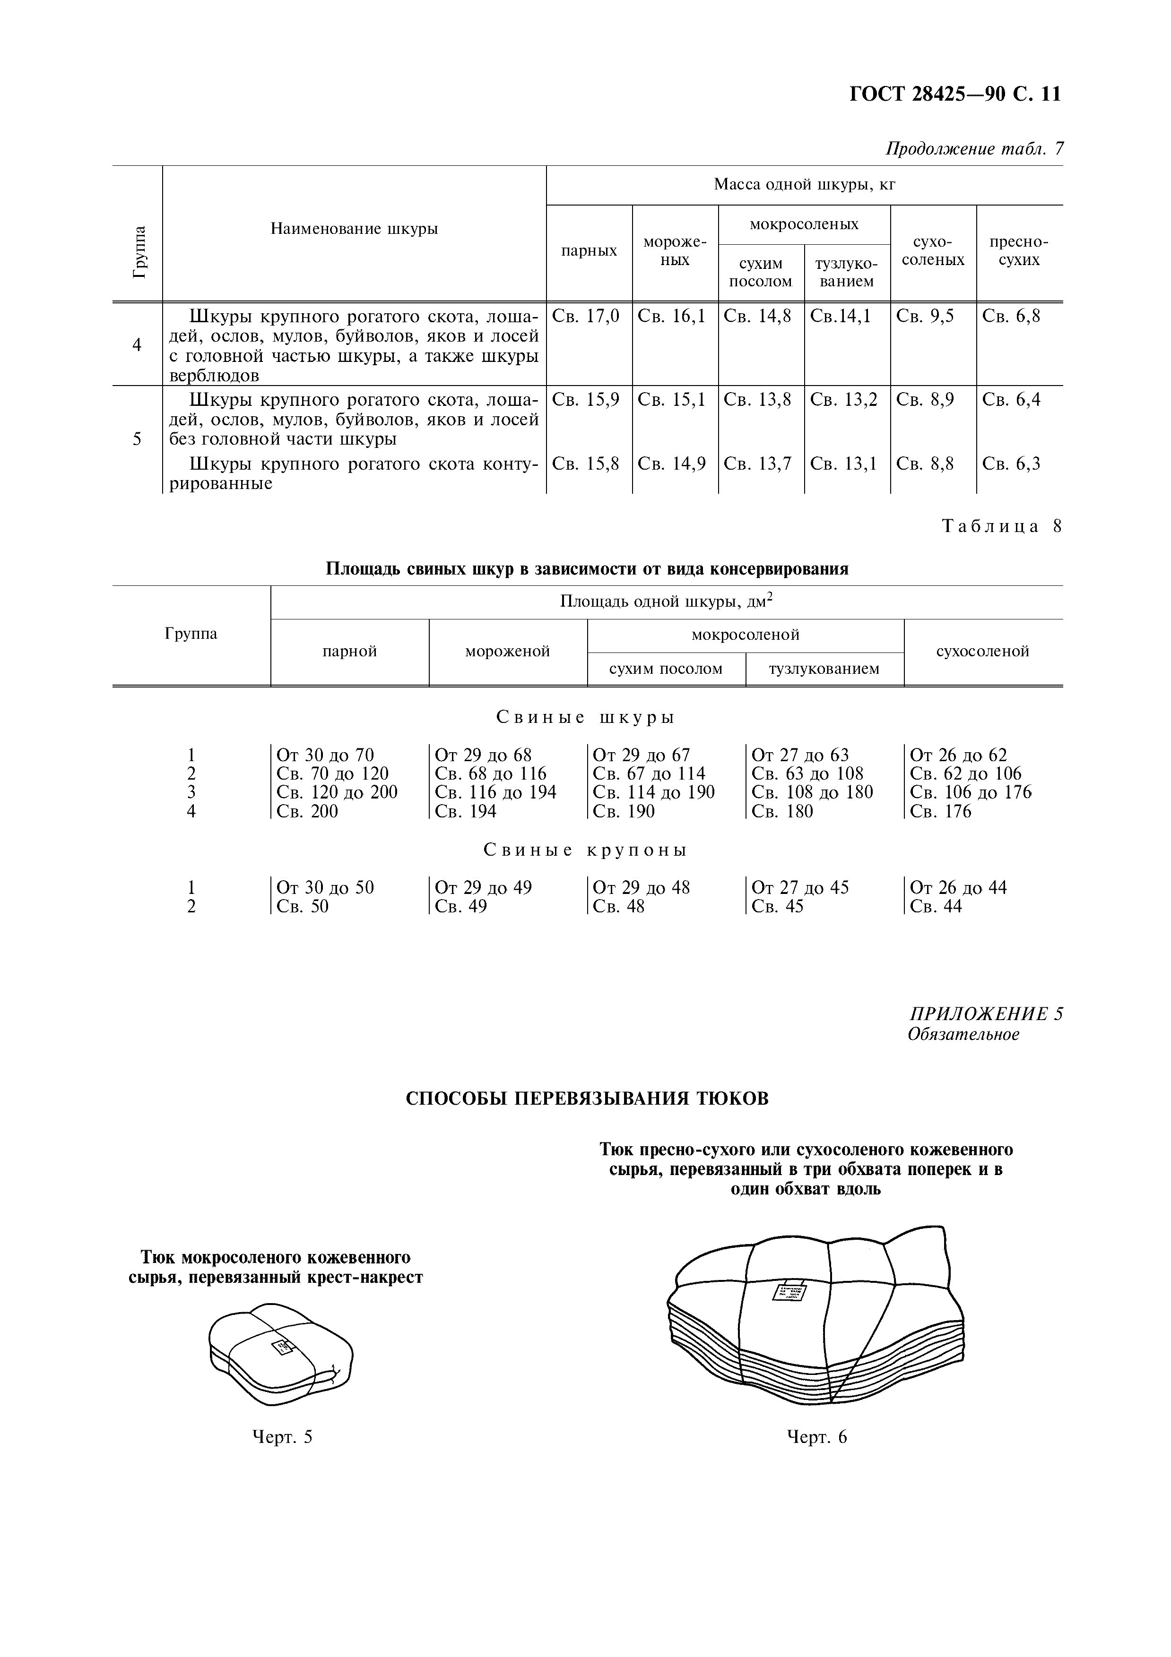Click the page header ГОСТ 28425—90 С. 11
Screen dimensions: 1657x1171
[x=954, y=94]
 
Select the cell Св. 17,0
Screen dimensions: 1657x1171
[x=585, y=316]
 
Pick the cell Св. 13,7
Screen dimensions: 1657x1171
[x=757, y=464]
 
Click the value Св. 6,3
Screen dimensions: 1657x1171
[x=1012, y=464]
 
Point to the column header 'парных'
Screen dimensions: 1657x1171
[x=589, y=250]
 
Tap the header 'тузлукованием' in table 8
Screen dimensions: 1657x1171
[x=824, y=669]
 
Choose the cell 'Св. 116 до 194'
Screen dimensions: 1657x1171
[x=495, y=792]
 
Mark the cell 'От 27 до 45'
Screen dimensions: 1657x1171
[x=800, y=888]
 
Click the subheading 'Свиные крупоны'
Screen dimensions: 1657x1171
[x=585, y=850]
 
